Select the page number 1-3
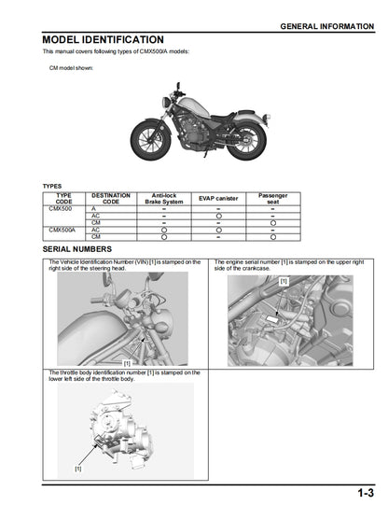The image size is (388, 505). tap(364, 492)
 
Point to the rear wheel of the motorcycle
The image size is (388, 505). tap(250, 140)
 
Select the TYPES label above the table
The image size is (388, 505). tap(53, 186)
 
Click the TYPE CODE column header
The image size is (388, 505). tap(64, 198)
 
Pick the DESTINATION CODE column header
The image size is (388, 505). tap(110, 198)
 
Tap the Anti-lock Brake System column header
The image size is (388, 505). tap(165, 198)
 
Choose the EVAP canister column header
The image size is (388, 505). tap(218, 199)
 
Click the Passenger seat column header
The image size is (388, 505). tap(272, 198)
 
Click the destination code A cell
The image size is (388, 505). tap(93, 208)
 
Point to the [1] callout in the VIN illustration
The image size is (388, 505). tap(126, 361)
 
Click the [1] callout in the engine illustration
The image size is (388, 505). tap(284, 281)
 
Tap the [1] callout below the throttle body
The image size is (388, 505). tap(78, 468)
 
